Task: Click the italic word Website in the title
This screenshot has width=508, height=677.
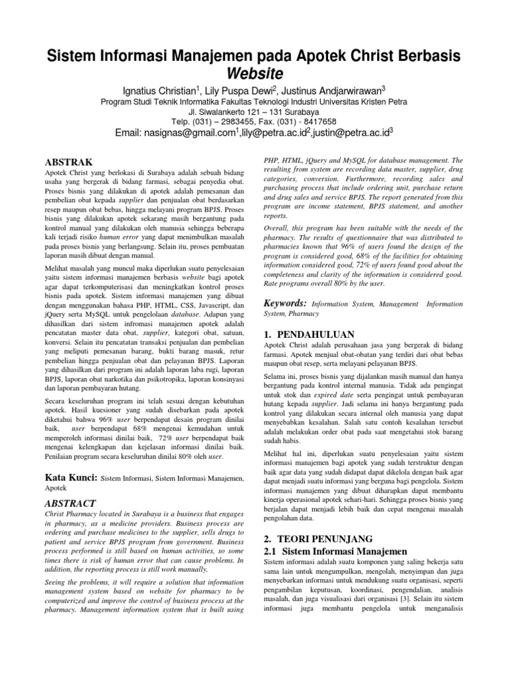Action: pyautogui.click(x=254, y=72)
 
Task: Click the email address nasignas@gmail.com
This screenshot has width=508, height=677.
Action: pyautogui.click(x=177, y=133)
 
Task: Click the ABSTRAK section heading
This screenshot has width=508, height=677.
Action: pyautogui.click(x=68, y=162)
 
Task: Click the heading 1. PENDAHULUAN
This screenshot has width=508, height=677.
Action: pyautogui.click(x=309, y=335)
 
